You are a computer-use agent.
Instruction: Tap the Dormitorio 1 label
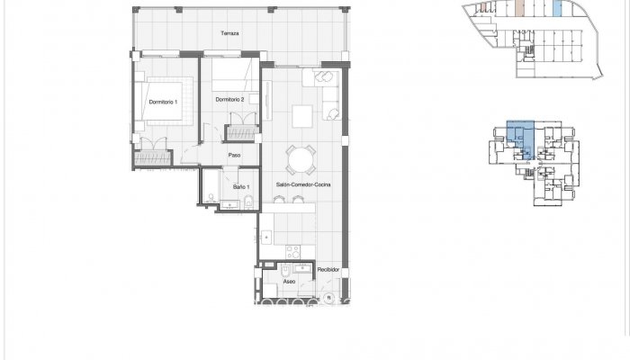(x=163, y=101)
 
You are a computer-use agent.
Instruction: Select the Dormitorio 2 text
(x=230, y=98)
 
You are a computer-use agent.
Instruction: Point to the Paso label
(x=234, y=155)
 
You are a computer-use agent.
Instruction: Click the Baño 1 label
(x=241, y=186)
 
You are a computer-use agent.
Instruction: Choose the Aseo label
(x=290, y=282)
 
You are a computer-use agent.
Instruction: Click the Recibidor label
(x=328, y=269)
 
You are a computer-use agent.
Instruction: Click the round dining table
(x=301, y=161)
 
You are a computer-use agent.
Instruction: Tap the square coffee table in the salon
(x=302, y=116)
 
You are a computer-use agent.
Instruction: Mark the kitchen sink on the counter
(x=268, y=238)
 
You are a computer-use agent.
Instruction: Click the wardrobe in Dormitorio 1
(x=151, y=159)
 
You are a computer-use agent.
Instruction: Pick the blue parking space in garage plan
(x=557, y=9)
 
